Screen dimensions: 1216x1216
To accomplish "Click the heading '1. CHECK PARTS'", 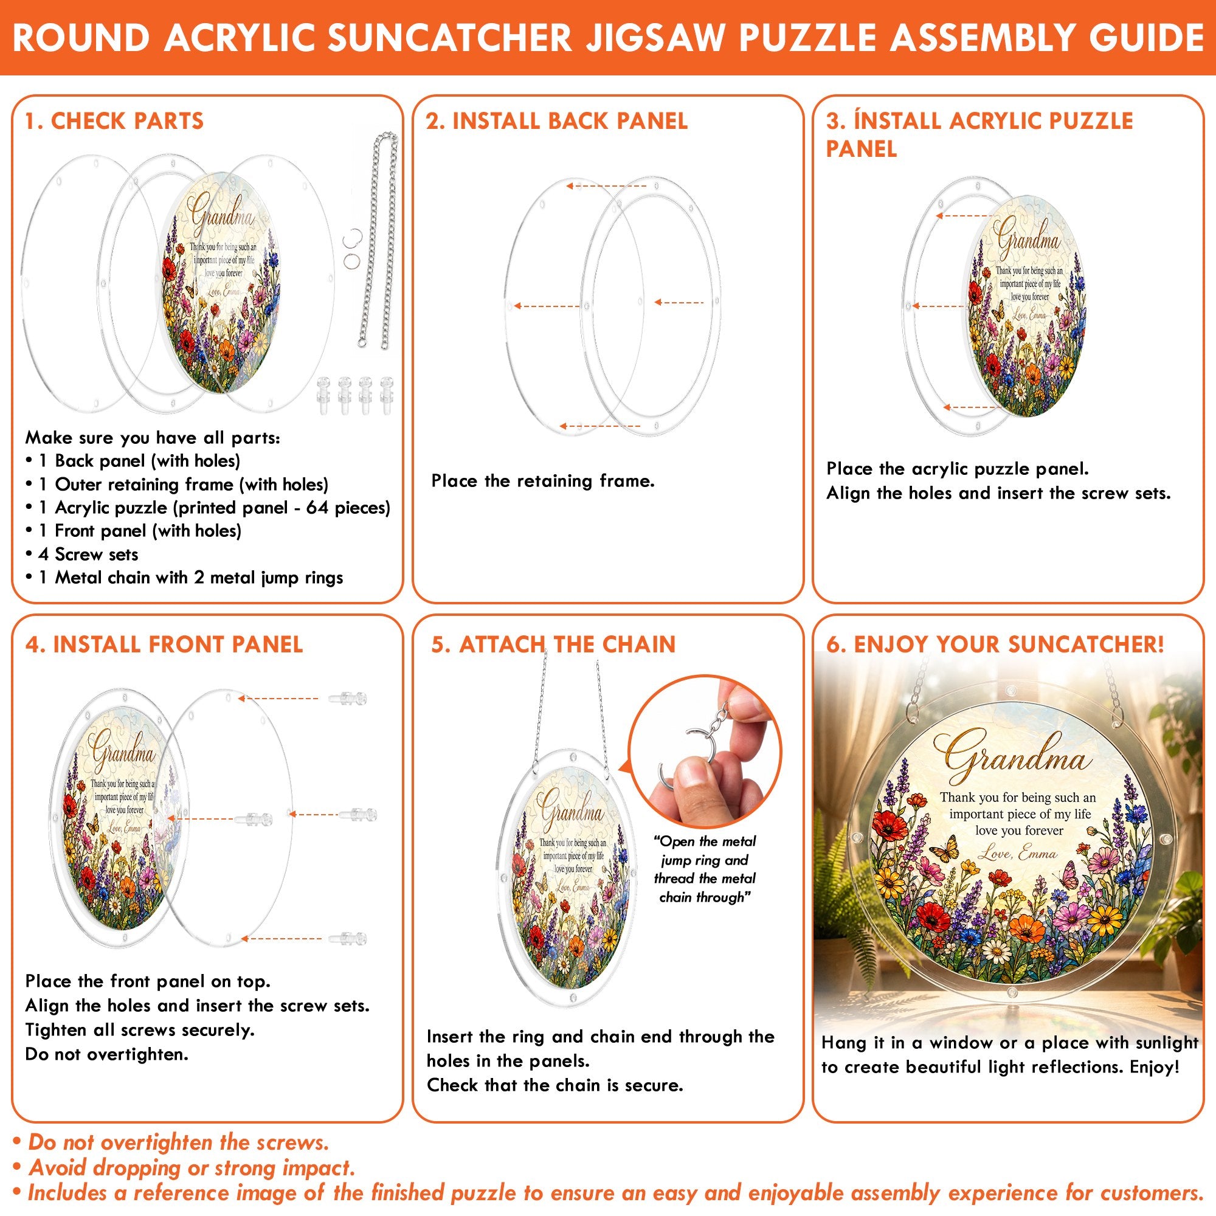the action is (114, 121).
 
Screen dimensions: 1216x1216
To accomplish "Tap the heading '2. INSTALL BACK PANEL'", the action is (556, 121).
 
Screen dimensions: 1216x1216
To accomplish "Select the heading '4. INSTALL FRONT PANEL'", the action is (164, 644).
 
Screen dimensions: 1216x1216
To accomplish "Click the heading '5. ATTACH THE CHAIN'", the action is (553, 644).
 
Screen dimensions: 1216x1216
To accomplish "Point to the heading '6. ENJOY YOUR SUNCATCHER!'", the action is (995, 644).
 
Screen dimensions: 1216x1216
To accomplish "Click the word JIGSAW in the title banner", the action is (655, 38).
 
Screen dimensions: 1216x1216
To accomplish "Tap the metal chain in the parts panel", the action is (378, 239).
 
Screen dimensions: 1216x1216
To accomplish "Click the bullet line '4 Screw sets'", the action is (82, 554).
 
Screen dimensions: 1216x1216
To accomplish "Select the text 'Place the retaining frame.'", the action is (542, 481).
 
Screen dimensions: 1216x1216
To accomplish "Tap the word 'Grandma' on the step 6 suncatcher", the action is (1012, 755).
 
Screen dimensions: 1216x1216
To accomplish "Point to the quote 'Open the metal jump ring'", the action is (705, 851).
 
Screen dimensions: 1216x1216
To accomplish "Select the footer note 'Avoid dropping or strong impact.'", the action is (184, 1168).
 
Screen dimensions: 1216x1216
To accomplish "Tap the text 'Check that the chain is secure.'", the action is (555, 1085).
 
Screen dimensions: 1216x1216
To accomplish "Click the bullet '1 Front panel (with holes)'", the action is (133, 531).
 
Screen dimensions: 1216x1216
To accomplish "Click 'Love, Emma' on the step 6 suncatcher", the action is (1020, 854).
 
